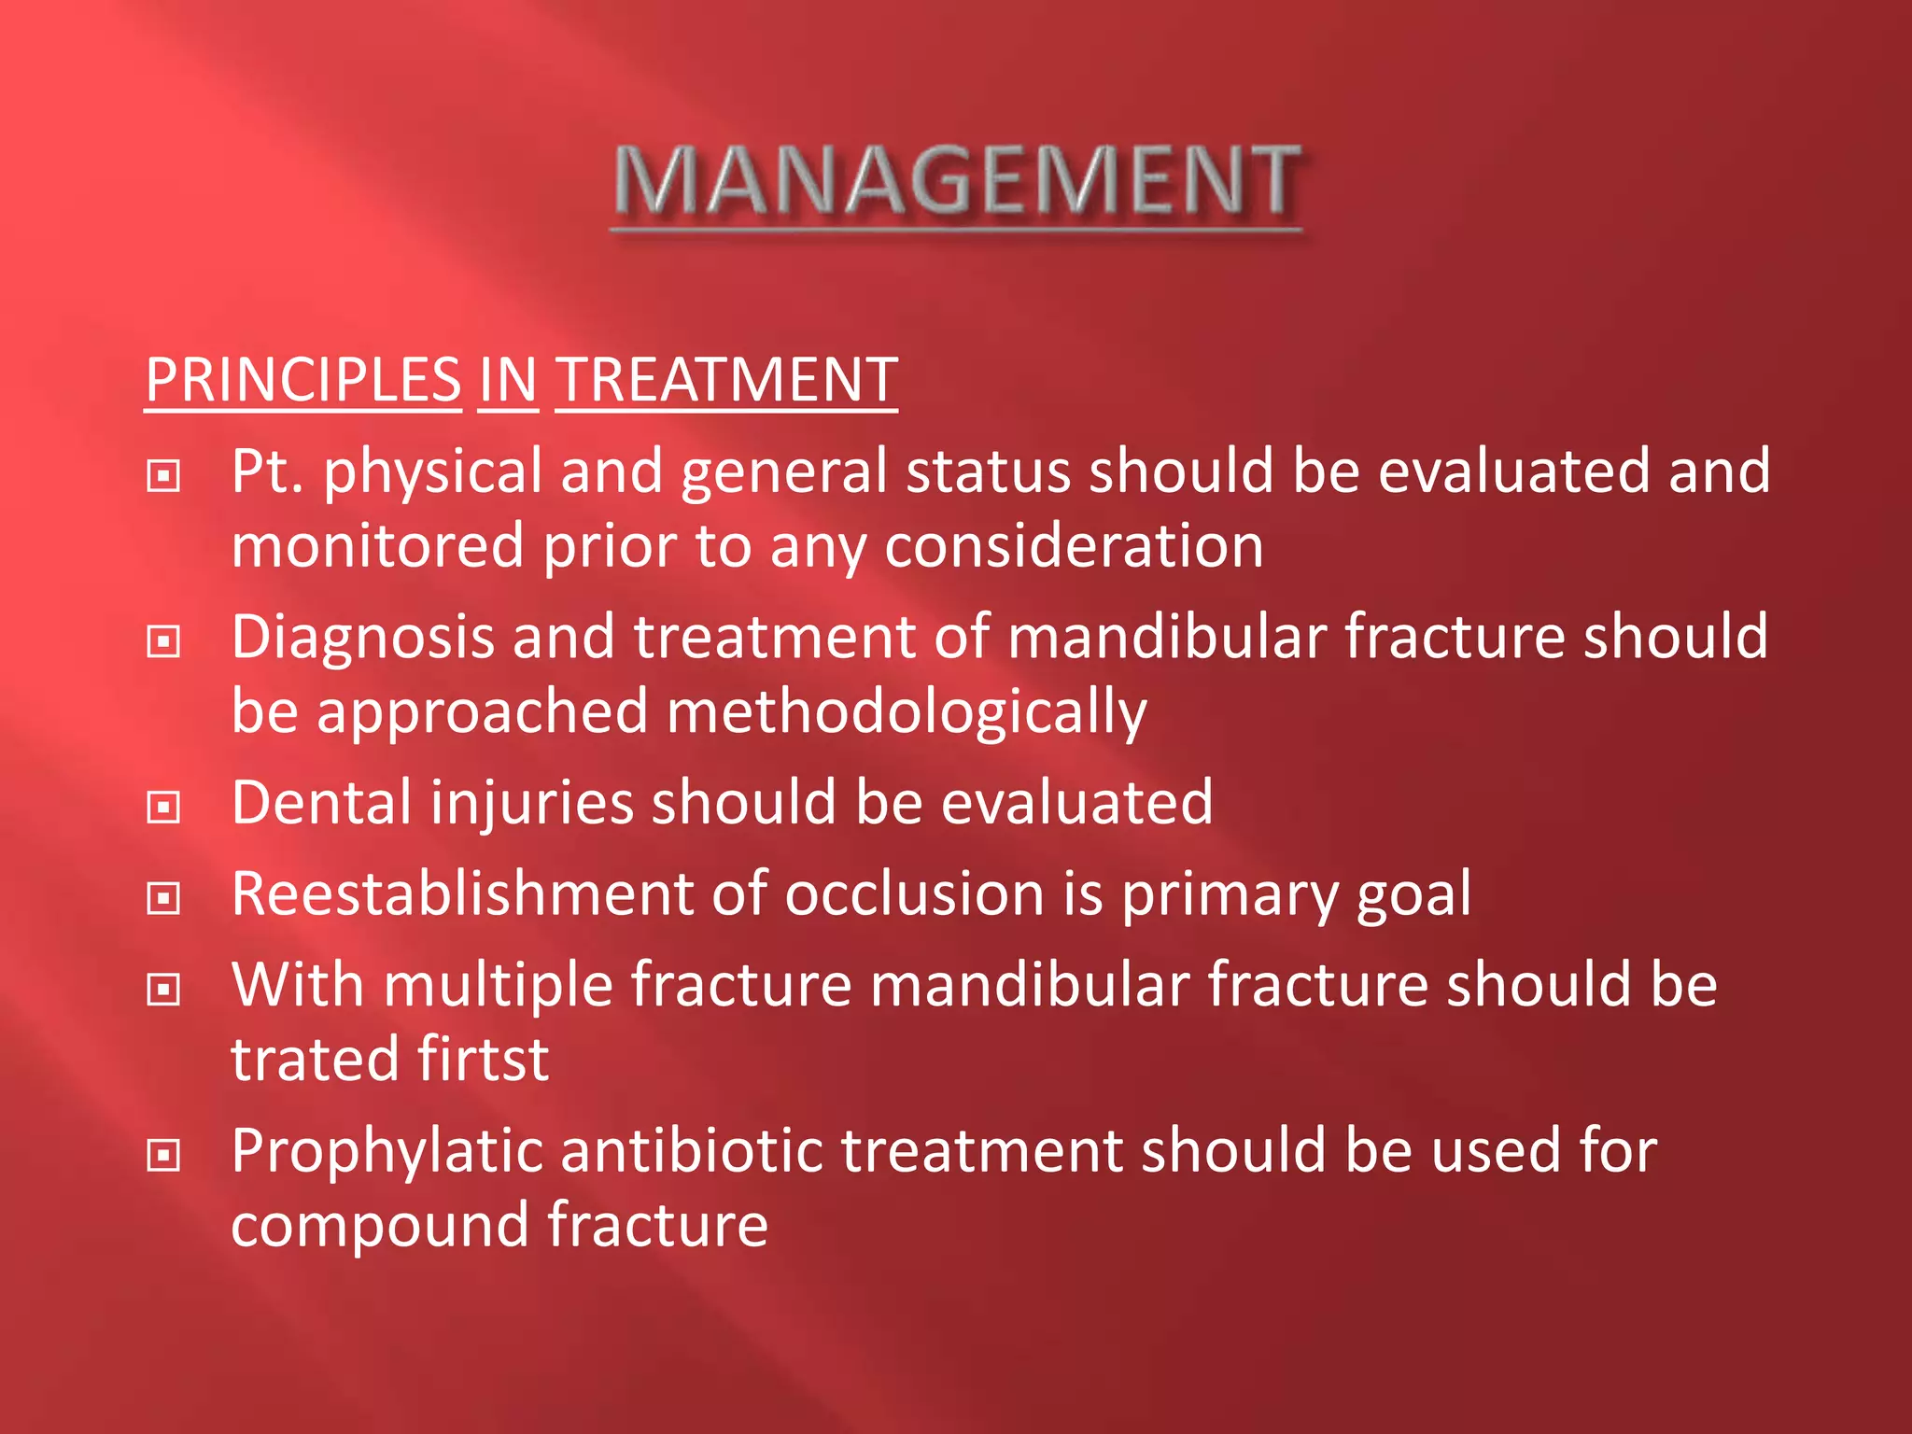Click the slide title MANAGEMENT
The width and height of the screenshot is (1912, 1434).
click(x=956, y=182)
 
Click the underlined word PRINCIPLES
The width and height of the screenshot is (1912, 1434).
click(x=303, y=381)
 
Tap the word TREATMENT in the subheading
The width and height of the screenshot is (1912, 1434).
click(x=726, y=381)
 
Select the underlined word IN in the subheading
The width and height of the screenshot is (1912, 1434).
click(x=508, y=381)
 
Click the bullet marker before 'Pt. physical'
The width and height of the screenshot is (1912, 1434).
click(x=164, y=476)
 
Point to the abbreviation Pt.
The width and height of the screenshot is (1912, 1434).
click(x=267, y=471)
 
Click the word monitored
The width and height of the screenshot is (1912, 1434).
click(x=377, y=546)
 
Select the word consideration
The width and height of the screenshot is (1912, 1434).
click(x=1074, y=546)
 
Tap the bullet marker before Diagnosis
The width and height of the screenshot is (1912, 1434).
click(x=164, y=641)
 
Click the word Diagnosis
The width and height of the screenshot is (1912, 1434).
click(x=362, y=638)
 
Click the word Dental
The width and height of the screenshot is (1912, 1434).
click(x=321, y=803)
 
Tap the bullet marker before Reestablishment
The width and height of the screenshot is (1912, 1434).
click(x=164, y=898)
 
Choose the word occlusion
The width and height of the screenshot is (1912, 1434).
click(x=913, y=894)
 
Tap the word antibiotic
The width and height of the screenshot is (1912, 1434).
click(x=691, y=1150)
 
